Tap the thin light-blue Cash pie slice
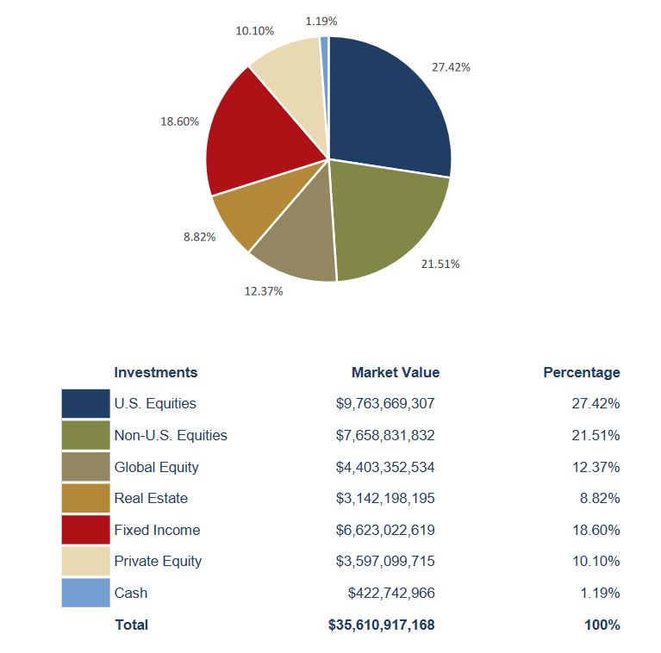(325, 52)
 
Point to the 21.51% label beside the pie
(440, 264)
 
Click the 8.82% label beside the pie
(199, 237)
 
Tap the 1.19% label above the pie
(321, 19)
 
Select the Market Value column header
(395, 372)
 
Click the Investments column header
(155, 372)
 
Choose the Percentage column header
(581, 372)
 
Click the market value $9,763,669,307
(384, 403)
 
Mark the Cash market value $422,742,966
(391, 593)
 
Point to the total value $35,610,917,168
(381, 625)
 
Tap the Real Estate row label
(150, 498)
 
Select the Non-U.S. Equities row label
(170, 435)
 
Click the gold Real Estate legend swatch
(85, 498)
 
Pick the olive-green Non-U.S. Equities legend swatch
(85, 435)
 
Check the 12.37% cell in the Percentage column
(596, 467)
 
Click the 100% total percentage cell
(602, 625)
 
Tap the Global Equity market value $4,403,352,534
(384, 467)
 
